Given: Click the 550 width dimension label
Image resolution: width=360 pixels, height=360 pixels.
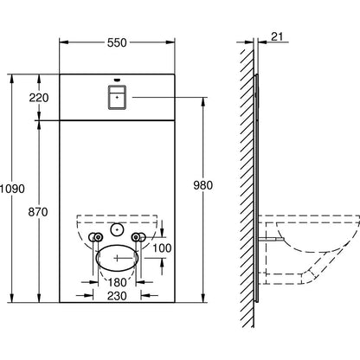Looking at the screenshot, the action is click(117, 42).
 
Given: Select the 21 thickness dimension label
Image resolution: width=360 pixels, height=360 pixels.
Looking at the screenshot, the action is click(277, 36).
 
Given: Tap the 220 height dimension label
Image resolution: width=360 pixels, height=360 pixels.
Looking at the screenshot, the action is click(39, 98).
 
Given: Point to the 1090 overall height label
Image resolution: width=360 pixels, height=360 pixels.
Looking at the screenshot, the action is click(12, 189).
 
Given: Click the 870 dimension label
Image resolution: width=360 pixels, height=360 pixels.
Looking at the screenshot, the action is click(38, 212).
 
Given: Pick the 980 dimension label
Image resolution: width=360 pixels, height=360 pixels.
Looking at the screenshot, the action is click(202, 185).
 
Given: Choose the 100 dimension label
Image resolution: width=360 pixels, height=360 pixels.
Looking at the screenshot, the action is click(162, 247).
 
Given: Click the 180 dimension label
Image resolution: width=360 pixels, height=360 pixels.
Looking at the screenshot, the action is click(117, 282).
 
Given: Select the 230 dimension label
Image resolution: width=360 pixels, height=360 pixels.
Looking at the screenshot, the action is click(117, 296).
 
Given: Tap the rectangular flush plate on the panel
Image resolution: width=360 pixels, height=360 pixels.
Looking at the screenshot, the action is click(117, 98).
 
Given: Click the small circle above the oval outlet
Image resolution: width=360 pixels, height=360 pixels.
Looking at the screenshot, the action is click(117, 229).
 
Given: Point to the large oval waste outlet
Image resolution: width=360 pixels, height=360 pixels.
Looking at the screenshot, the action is click(117, 258).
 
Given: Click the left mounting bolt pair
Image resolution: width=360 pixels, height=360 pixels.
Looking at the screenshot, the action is click(95, 237).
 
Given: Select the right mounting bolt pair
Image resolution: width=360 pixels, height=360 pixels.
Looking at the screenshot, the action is click(138, 237).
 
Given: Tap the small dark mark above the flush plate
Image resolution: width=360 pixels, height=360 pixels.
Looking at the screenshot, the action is click(117, 80).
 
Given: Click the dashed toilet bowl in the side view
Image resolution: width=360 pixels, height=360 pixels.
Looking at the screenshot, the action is click(309, 249).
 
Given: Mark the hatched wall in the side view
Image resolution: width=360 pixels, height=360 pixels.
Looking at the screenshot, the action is click(247, 188).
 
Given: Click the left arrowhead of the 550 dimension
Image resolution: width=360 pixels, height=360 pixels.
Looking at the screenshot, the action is click(64, 42).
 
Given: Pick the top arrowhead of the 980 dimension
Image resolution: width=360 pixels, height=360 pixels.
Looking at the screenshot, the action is click(203, 102).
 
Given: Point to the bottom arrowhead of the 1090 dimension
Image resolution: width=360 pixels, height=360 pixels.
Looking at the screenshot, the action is click(12, 298).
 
